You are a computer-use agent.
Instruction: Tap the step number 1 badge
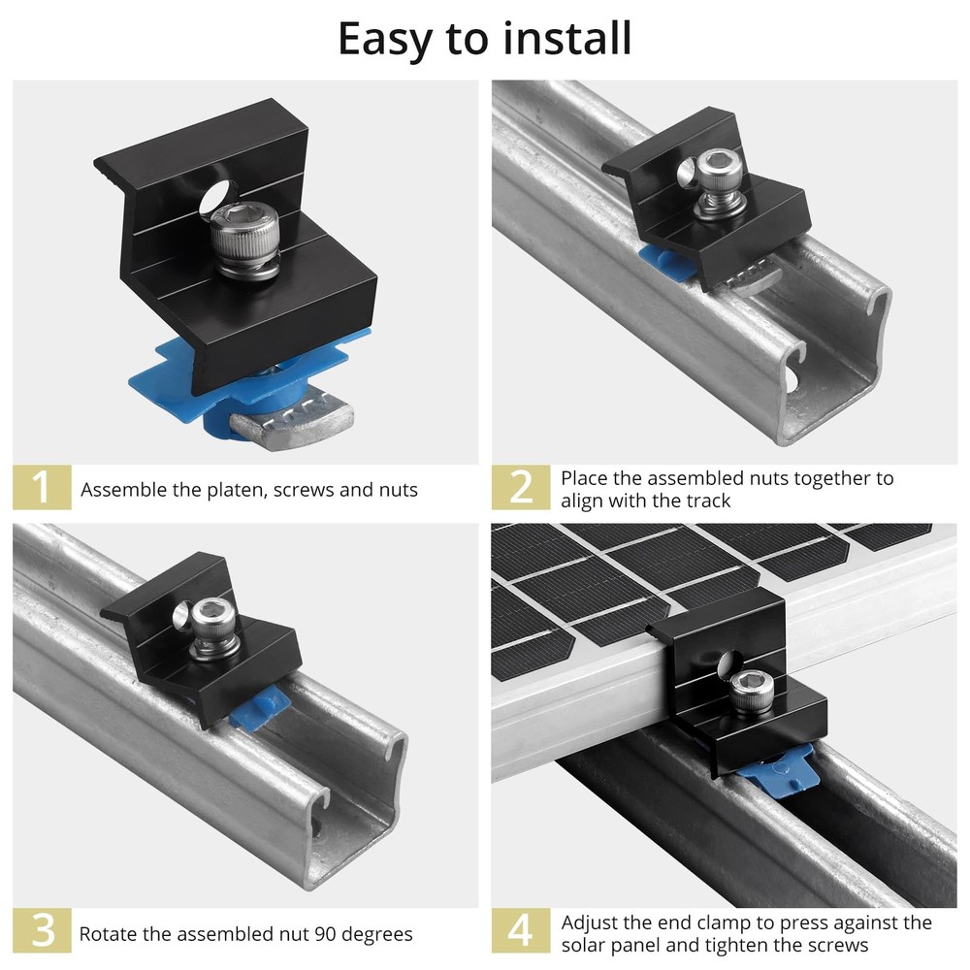click(x=42, y=488)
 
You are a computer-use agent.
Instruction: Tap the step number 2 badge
click(x=521, y=488)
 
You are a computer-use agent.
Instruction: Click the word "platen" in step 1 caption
click(x=234, y=490)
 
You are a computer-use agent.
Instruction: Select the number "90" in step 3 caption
click(x=327, y=935)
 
